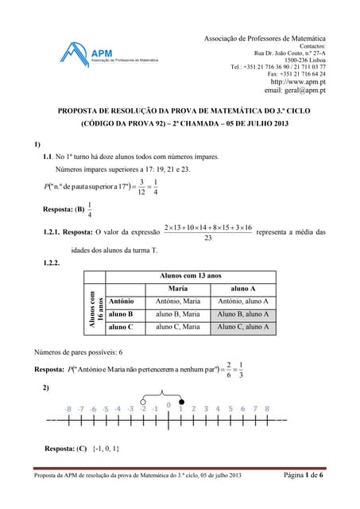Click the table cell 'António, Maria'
[178, 301]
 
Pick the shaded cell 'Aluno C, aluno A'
[242, 327]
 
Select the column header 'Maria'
[178, 288]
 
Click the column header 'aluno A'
[242, 288]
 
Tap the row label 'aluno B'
[121, 314]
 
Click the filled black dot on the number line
[181, 402]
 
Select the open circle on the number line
[143, 402]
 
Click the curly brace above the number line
[162, 391]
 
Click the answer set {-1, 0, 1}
[106, 448]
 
